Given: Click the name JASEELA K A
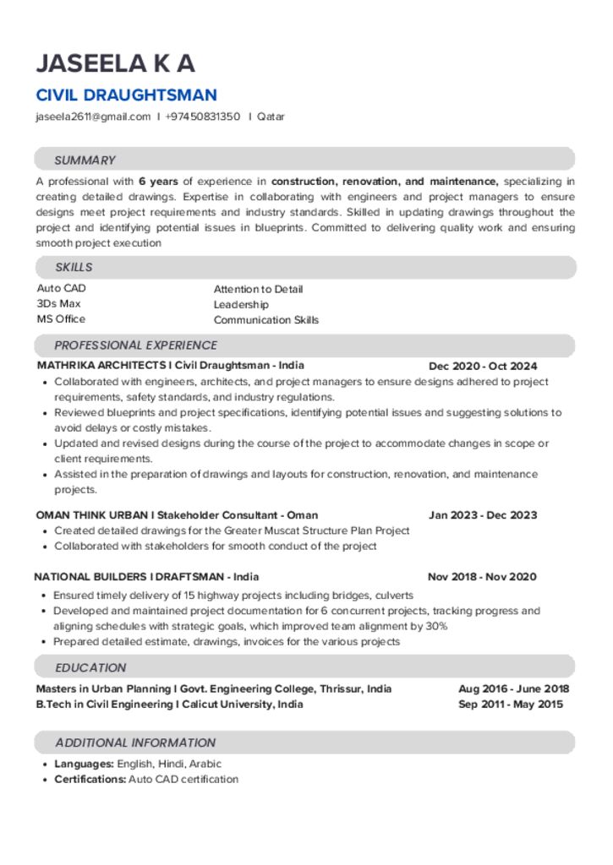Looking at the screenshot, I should pos(115,63).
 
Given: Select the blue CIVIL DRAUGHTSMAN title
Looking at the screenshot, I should pos(126,95).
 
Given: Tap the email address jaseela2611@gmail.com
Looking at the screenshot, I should pos(92,117).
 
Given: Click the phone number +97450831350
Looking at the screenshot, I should pos(202,117).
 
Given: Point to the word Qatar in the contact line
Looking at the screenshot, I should pos(271,117).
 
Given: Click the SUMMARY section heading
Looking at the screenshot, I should pos(85,160).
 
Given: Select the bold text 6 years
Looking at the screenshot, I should pos(158,181).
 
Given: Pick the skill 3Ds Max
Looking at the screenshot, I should pos(58,303).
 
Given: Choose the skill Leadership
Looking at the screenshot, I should pos(241,304).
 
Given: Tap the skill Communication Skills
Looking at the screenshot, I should pos(266,320).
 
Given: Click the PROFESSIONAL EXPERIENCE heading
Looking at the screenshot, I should pos(135,345).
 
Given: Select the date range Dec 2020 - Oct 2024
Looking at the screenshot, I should pos(483,366).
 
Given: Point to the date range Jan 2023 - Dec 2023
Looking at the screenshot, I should pos(483,514).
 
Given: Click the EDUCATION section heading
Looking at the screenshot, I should pos(90,666).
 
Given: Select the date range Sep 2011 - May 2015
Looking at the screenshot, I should pos(511,705).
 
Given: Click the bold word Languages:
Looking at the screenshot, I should pos(84,764).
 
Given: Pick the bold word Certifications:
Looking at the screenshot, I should pos(90,779).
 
